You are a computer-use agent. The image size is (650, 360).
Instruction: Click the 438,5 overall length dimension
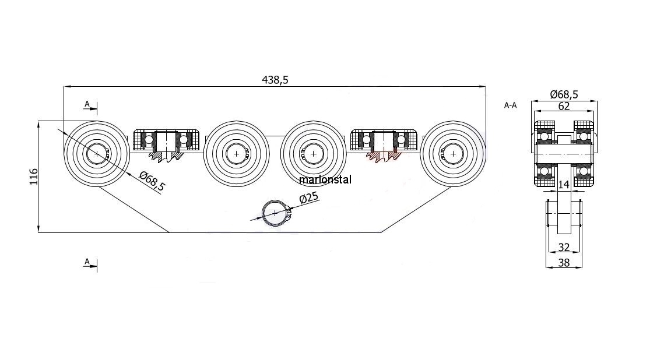(275, 80)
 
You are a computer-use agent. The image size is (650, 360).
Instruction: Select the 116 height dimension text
(34, 177)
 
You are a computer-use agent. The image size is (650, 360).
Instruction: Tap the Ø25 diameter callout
(309, 197)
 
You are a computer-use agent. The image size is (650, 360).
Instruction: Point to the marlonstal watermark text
(325, 179)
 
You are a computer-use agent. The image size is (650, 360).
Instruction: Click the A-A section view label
(510, 105)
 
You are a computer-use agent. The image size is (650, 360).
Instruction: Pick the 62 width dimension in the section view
(564, 107)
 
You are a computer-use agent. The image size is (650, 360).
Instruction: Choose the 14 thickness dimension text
(563, 184)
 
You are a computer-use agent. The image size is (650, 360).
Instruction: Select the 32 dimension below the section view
(564, 248)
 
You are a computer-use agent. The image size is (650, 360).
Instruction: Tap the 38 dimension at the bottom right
(564, 263)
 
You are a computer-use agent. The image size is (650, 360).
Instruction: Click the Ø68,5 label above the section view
(564, 94)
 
